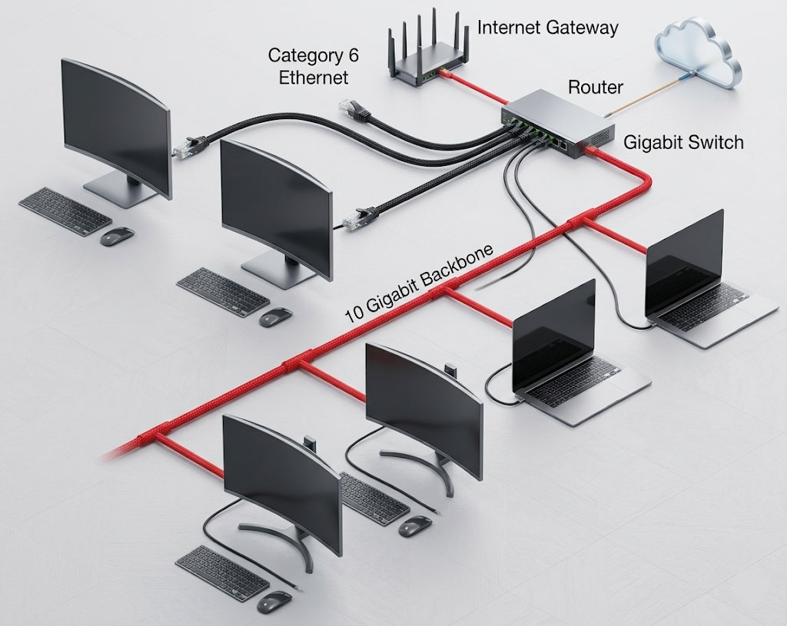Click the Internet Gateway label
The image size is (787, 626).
pyautogui.click(x=547, y=28)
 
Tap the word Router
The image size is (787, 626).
pyautogui.click(x=595, y=88)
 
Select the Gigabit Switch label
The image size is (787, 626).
pyautogui.click(x=682, y=143)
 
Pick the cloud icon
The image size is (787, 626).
pyautogui.click(x=699, y=53)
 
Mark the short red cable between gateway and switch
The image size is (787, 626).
pyautogui.click(x=477, y=86)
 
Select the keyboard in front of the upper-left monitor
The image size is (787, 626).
pyautogui.click(x=65, y=209)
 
